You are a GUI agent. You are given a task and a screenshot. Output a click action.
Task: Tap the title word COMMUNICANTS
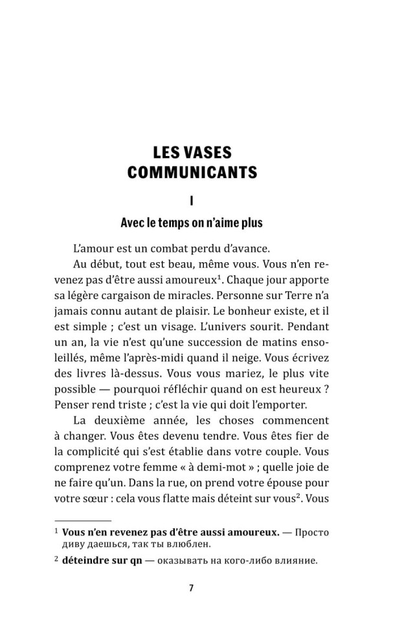[193, 173]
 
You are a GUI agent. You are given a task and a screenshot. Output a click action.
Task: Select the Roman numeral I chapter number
[192, 200]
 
